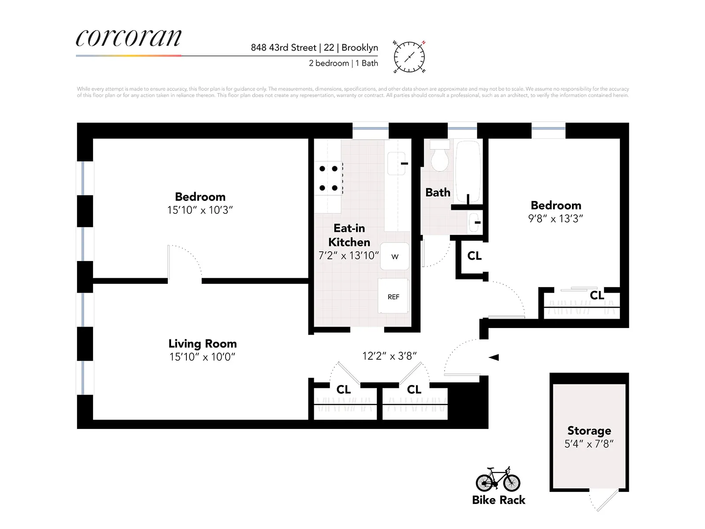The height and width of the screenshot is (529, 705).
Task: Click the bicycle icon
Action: (498, 479)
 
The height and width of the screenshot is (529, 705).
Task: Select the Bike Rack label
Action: (498, 500)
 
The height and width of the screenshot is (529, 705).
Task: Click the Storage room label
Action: (589, 431)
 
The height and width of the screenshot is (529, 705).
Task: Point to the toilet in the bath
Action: (439, 157)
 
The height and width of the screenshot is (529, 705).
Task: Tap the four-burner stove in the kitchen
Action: (328, 178)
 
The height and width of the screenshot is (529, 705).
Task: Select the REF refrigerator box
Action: (393, 297)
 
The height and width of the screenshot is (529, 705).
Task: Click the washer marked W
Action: (394, 256)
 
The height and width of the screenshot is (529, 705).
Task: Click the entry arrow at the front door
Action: (493, 357)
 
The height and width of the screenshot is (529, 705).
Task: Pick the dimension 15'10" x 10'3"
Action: (200, 210)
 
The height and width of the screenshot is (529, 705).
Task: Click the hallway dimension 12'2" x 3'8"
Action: (389, 356)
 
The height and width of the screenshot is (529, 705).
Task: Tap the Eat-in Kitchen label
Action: (349, 235)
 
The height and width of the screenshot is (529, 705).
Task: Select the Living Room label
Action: (202, 343)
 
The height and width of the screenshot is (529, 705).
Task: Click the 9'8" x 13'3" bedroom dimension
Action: (555, 219)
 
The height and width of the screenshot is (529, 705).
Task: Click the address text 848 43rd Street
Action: (283, 48)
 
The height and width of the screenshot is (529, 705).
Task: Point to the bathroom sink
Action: (475, 222)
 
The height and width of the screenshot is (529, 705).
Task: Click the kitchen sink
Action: (396, 164)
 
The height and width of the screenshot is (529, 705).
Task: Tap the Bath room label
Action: (438, 193)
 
